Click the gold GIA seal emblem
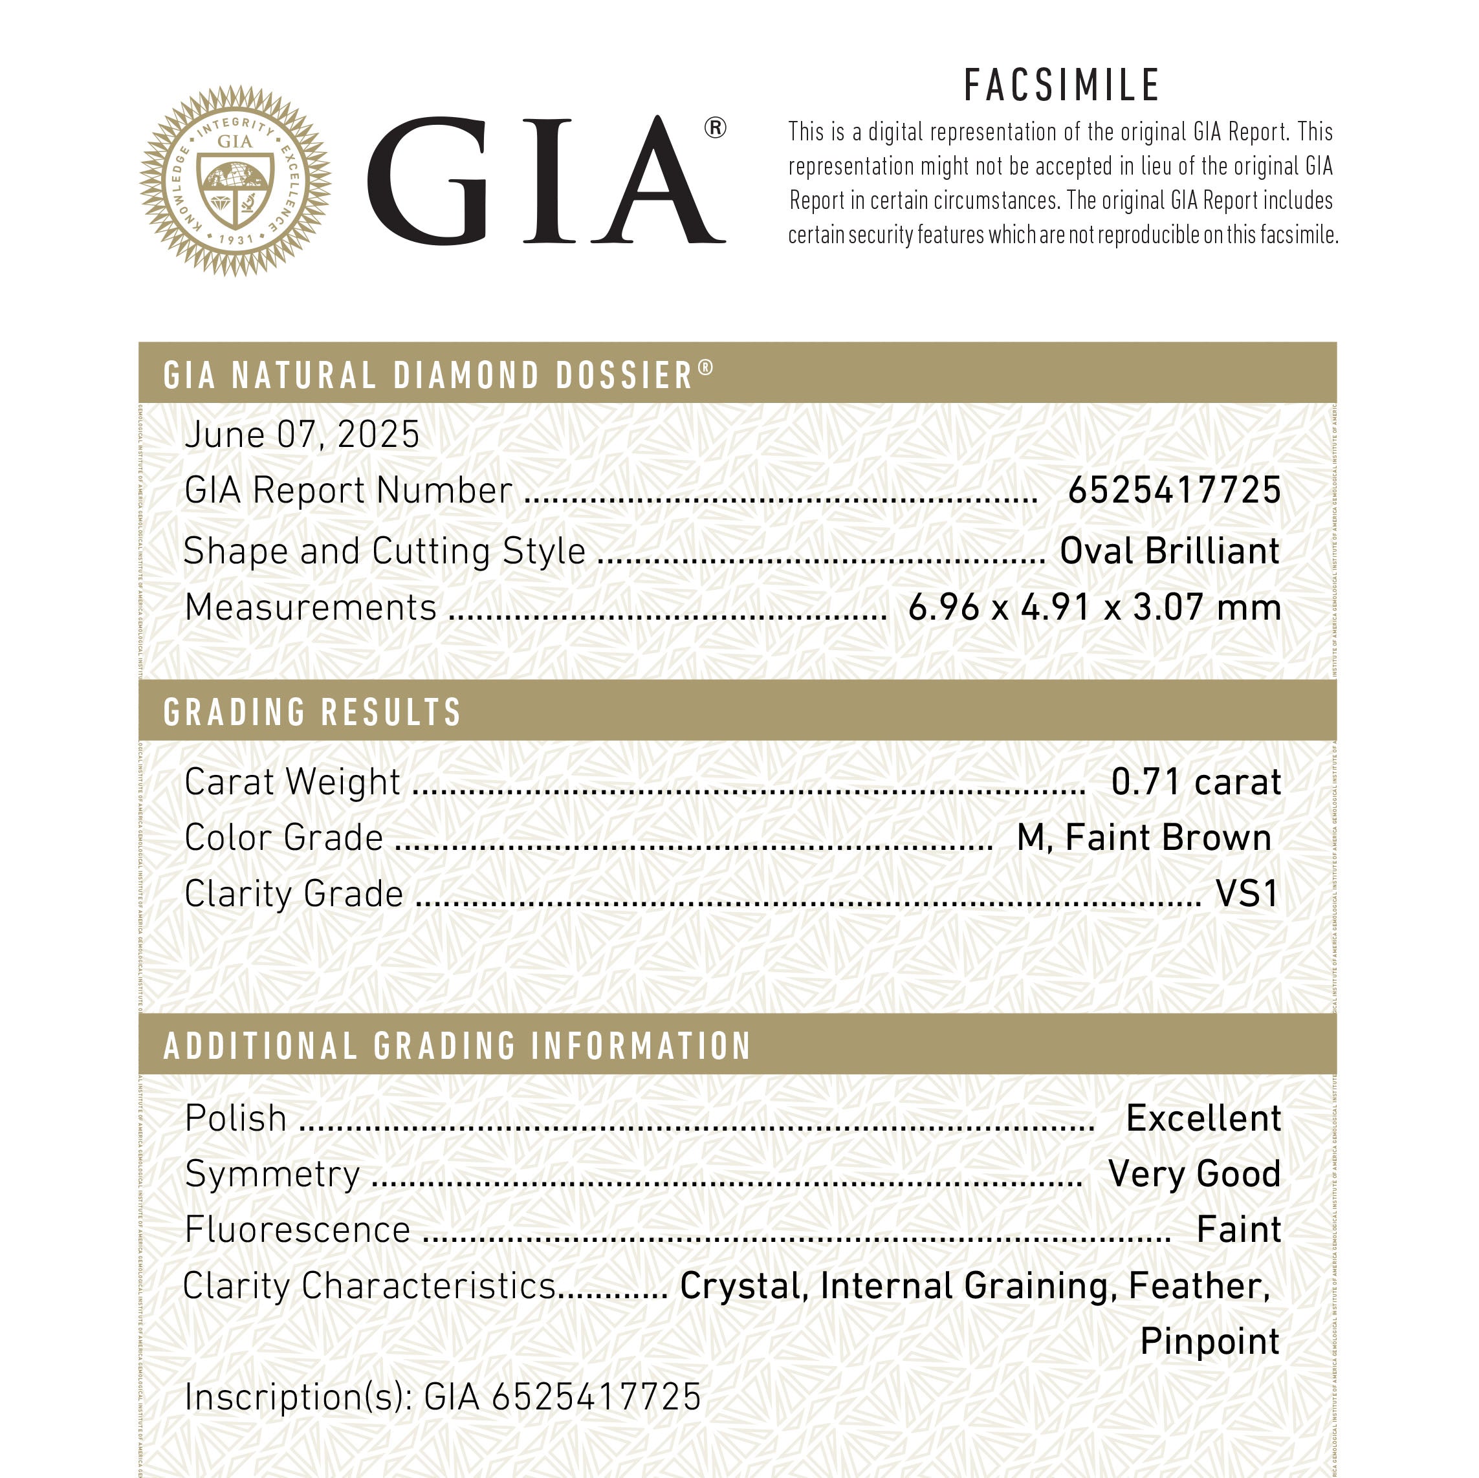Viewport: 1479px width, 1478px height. point(235,181)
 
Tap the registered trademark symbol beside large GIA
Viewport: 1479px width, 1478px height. point(714,128)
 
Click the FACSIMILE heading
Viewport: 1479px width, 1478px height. point(1062,86)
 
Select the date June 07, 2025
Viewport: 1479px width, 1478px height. point(302,435)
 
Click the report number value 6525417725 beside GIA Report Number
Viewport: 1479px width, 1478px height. point(1174,491)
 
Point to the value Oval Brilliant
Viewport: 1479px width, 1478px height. point(1169,551)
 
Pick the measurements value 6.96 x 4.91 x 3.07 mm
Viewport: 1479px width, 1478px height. point(1094,608)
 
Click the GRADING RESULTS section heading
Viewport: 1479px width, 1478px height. point(312,712)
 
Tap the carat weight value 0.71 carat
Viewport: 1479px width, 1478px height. point(1195,782)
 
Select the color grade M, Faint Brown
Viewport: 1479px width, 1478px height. point(1144,838)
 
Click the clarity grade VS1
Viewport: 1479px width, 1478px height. point(1247,894)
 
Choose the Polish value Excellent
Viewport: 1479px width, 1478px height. point(1203,1118)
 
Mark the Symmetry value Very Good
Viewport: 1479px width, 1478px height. point(1194,1174)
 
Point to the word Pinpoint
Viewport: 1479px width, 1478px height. point(1210,1342)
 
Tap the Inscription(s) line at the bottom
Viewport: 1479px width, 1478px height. point(443,1397)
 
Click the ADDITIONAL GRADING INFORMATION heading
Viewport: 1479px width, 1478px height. point(457,1047)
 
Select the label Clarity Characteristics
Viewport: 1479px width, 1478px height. point(369,1286)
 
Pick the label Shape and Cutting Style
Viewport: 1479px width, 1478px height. point(384,551)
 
